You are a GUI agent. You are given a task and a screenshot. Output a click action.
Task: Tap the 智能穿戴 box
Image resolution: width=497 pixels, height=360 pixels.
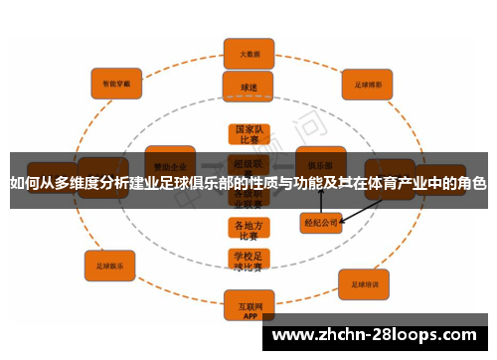click(117, 85)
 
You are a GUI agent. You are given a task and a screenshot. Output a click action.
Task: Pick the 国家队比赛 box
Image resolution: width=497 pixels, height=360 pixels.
click(247, 134)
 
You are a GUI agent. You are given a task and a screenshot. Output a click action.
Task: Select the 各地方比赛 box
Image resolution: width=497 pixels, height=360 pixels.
click(247, 230)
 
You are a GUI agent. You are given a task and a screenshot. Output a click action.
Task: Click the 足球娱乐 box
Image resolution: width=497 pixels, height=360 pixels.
click(110, 267)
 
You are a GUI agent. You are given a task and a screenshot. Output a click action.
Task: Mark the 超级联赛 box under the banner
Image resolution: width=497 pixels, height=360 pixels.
click(247, 162)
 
